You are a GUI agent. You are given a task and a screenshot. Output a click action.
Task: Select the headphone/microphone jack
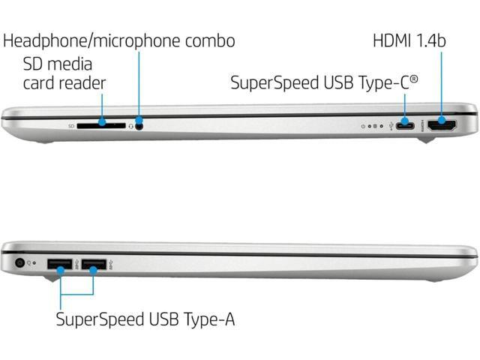click(139, 124)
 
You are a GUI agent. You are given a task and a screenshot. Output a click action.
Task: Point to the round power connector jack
click(20, 263)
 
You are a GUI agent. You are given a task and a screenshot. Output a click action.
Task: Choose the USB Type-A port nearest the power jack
click(58, 264)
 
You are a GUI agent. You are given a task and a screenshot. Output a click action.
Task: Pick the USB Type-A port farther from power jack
click(94, 264)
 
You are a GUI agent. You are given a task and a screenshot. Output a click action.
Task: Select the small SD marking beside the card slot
click(72, 126)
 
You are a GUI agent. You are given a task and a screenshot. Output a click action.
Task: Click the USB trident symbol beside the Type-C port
click(391, 125)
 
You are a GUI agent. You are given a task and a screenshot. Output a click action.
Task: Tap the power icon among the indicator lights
click(364, 126)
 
